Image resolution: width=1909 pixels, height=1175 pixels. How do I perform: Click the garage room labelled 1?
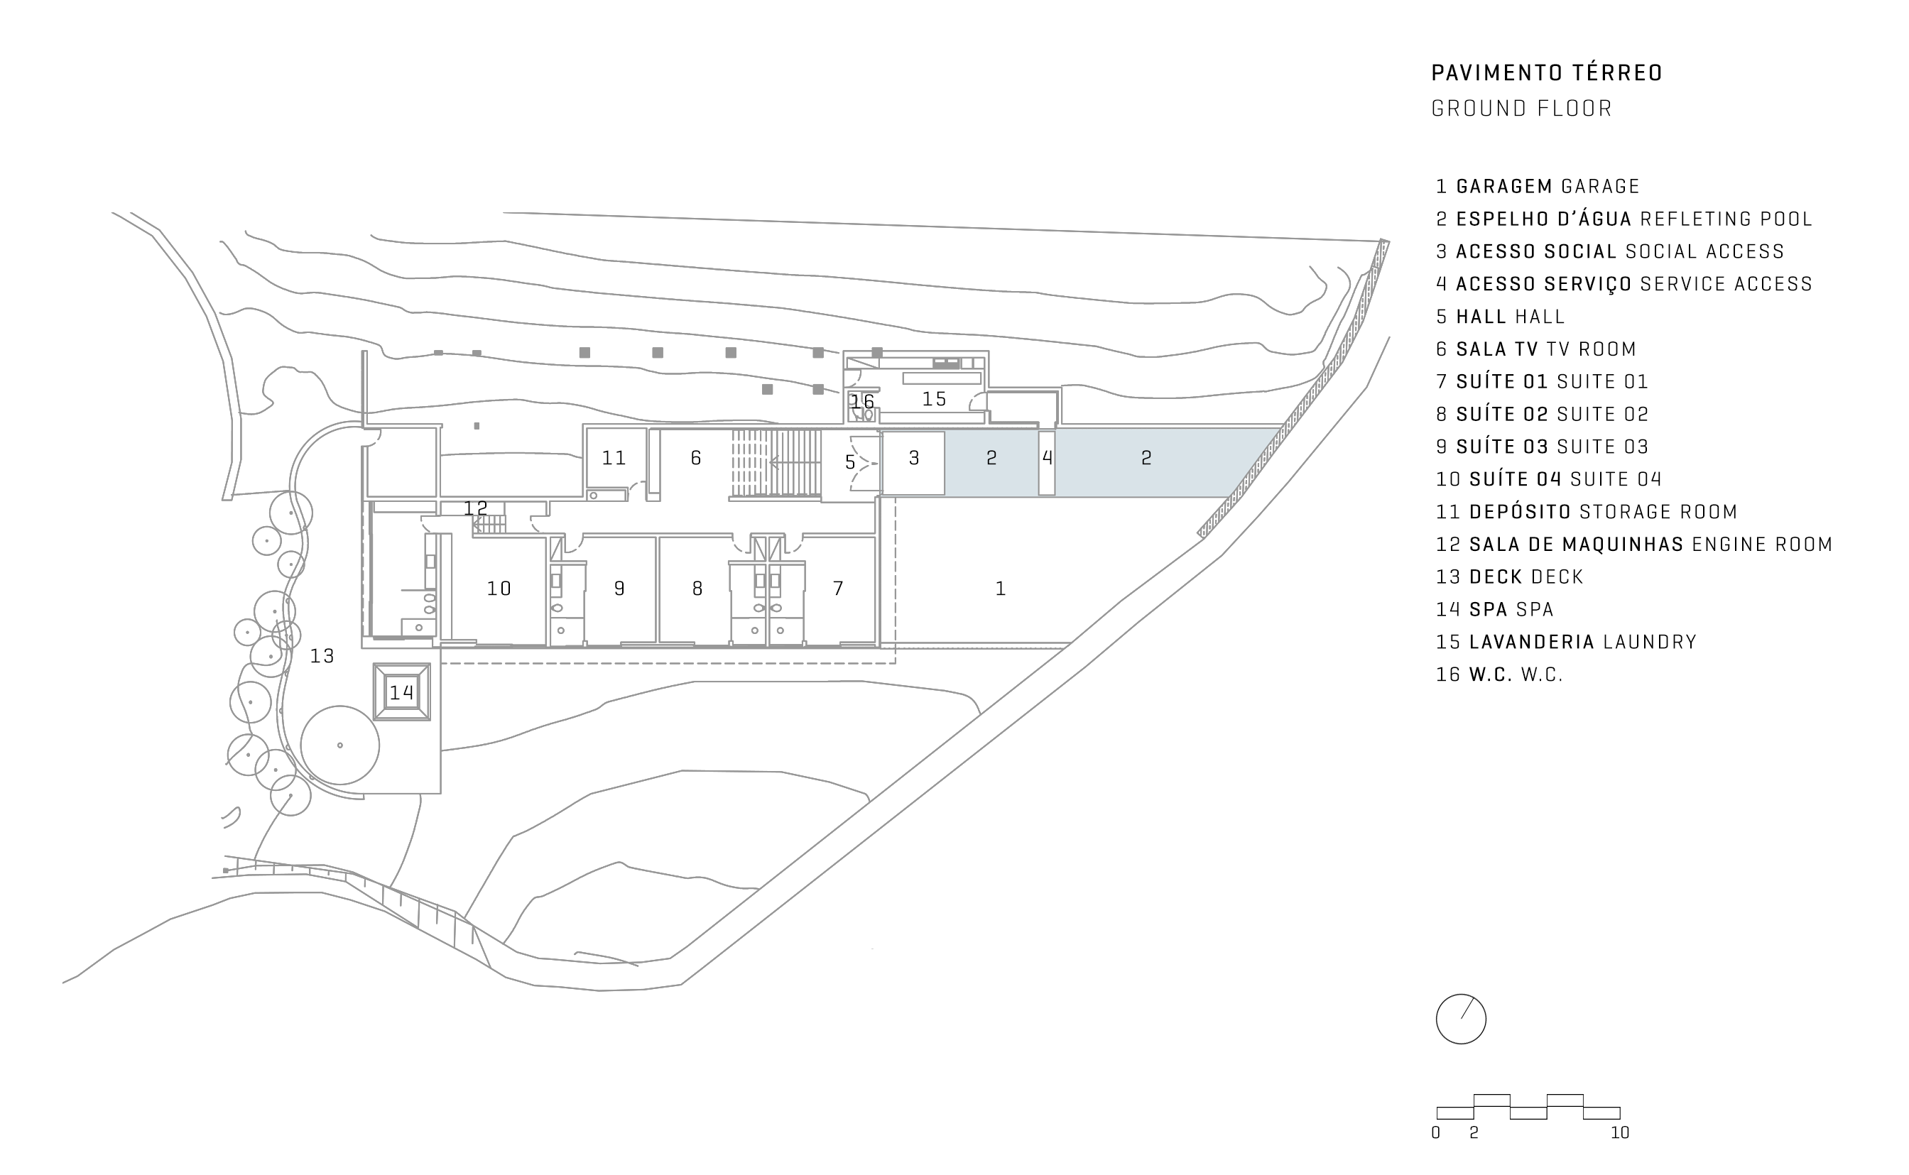[x=1001, y=589]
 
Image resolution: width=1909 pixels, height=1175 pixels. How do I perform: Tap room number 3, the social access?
[x=914, y=459]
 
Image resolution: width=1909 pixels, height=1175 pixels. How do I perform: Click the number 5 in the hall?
[x=849, y=463]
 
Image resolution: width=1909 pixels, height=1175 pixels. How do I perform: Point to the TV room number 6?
[x=696, y=459]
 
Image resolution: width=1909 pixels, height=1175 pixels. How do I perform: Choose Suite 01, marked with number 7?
[x=838, y=589]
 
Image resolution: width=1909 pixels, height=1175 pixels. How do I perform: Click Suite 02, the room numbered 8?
[x=697, y=589]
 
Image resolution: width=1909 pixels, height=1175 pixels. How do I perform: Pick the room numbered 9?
[x=619, y=589]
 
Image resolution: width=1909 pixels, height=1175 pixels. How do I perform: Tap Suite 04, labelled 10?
[x=499, y=589]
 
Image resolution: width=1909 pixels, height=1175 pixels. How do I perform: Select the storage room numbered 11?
[x=614, y=459]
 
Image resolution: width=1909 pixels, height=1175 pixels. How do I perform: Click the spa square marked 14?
[x=401, y=692]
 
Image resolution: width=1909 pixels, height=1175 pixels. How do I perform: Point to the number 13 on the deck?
[x=322, y=657]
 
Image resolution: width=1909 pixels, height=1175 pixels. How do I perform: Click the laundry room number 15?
[x=935, y=400]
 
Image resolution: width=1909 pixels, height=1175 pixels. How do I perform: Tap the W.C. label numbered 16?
[x=862, y=402]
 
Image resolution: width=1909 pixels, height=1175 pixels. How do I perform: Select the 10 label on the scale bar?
[x=1620, y=1133]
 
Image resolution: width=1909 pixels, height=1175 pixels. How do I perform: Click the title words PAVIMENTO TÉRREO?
[x=1547, y=73]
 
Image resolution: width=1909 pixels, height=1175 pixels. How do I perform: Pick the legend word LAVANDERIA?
[x=1532, y=643]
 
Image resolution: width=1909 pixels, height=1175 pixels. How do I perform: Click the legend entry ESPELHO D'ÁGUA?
[x=1544, y=220]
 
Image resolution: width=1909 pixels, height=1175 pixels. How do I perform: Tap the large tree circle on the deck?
[x=339, y=745]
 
